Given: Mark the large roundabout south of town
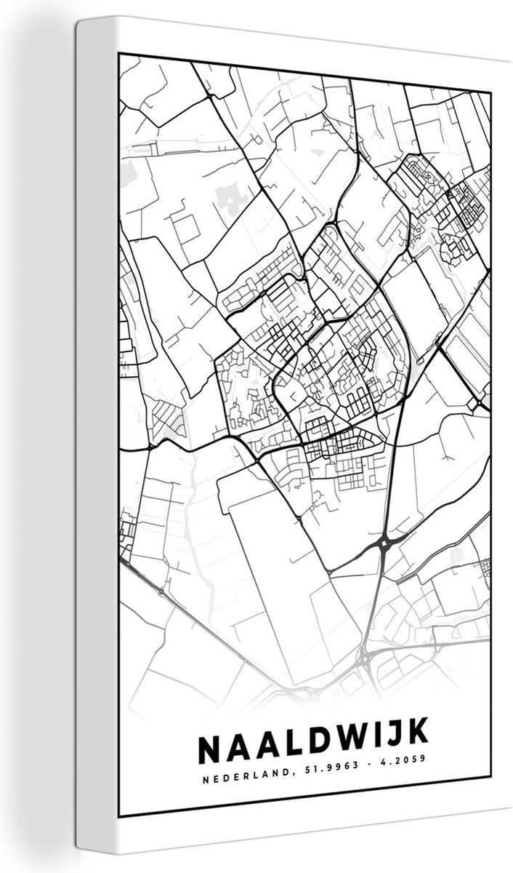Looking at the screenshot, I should point(383,544).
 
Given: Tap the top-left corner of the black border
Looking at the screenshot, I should point(119,53).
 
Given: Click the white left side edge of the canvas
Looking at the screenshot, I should point(91,436).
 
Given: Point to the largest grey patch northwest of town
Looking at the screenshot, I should point(230,196).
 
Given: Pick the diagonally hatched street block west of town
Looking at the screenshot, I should point(169,415).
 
